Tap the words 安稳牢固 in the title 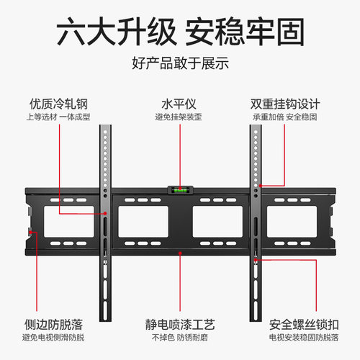245,32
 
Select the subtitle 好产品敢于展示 180,63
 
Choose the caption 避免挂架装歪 180,117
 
